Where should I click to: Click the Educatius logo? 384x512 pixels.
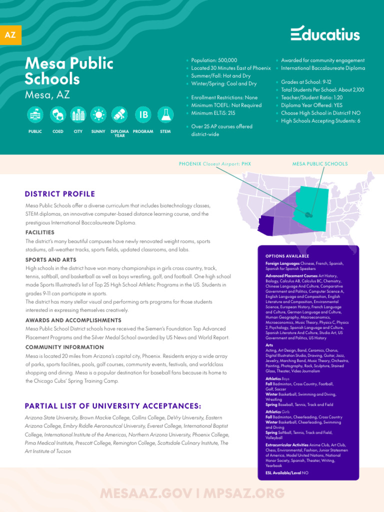point(325,33)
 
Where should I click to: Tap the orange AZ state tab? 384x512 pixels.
point(10,35)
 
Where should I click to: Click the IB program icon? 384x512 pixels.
point(143,115)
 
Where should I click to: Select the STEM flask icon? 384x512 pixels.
point(165,115)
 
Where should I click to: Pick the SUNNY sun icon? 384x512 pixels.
point(98,115)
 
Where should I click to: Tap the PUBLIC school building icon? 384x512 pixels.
point(35,115)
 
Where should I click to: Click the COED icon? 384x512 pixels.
point(57,115)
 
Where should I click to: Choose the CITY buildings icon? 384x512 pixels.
point(78,115)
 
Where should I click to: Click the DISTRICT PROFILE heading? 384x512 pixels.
point(60,194)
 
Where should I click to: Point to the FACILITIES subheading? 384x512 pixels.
point(40,232)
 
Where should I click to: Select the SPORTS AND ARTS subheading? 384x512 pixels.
point(51,259)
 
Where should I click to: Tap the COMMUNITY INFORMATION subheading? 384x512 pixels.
point(64,347)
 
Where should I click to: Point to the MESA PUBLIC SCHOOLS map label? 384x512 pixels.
point(319,164)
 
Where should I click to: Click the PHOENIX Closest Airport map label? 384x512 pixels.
point(215,164)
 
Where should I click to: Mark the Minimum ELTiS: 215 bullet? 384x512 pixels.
point(213,113)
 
